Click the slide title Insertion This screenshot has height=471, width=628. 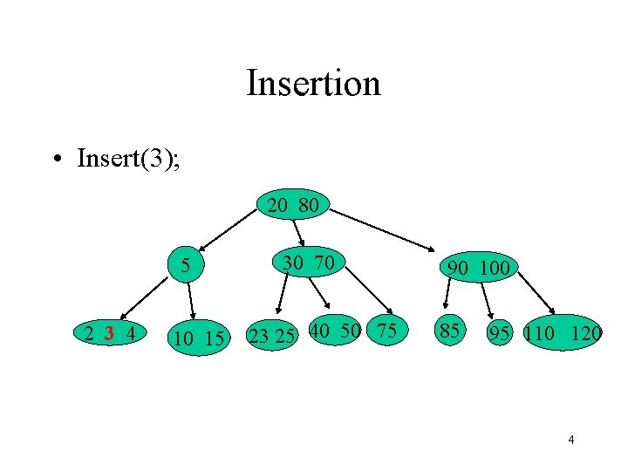coord(313,84)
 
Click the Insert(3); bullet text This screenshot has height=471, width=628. coord(129,159)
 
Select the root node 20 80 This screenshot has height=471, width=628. coord(292,207)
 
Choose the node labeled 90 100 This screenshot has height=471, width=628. coord(477,268)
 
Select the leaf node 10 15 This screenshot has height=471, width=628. coord(199,337)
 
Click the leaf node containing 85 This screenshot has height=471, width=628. coord(450,331)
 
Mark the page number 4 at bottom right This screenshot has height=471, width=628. coord(571,440)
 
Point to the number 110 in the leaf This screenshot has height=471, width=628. coord(541,332)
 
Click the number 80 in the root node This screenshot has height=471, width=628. coord(308,207)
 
